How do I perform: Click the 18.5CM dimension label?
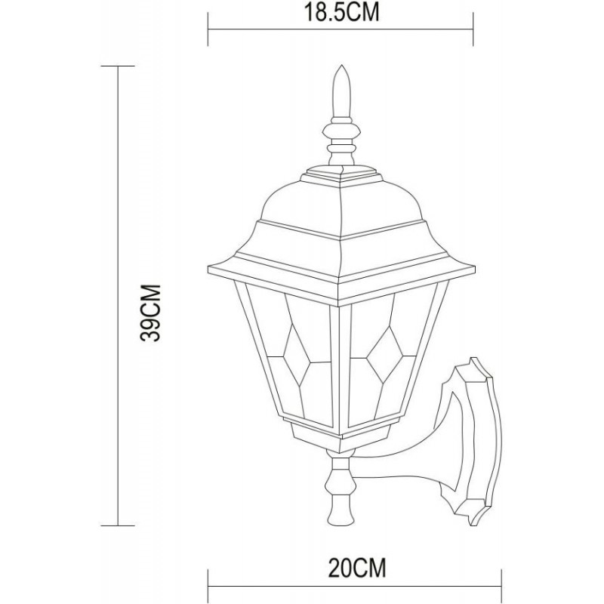point(342,13)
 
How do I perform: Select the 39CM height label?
point(150,313)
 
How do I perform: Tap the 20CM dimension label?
point(356,568)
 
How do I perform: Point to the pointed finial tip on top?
point(341,66)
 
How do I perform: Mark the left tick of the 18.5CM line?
point(208,29)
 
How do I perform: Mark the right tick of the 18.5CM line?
point(473,29)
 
